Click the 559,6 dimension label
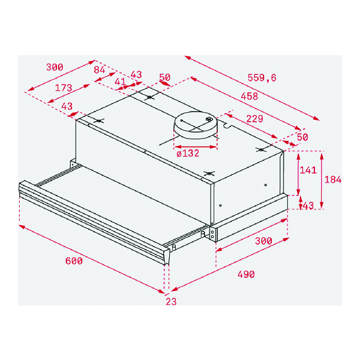[262, 78]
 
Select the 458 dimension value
[250, 96]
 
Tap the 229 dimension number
[254, 119]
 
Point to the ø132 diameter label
[188, 153]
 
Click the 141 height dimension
[308, 170]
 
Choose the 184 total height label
[333, 179]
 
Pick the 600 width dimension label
[74, 261]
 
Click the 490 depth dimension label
[246, 274]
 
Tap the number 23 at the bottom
[171, 301]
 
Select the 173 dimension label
[64, 88]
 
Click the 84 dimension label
[99, 70]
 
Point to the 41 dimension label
[121, 82]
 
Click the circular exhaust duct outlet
[195, 125]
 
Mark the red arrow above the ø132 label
[196, 146]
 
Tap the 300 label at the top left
[55, 67]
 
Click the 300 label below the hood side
[263, 241]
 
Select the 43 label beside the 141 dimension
[308, 205]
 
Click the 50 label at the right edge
[302, 137]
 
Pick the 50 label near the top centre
[164, 77]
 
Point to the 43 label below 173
[67, 106]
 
